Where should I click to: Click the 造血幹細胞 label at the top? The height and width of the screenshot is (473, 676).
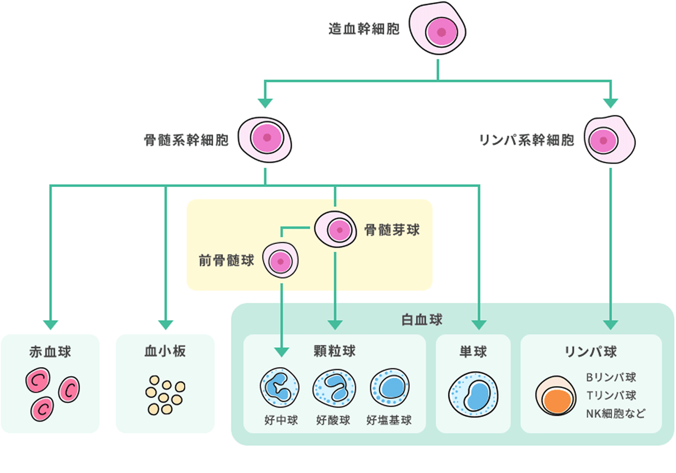tap(364, 29)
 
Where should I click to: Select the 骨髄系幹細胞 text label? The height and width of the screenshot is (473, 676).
tap(186, 141)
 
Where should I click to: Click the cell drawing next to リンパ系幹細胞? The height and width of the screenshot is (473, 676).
tap(610, 140)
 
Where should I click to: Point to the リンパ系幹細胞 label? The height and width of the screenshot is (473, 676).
tap(526, 141)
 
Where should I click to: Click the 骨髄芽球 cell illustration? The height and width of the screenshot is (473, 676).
tap(336, 229)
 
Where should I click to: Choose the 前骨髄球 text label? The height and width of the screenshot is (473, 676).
tap(226, 261)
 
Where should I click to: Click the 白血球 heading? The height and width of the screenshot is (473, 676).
tap(422, 319)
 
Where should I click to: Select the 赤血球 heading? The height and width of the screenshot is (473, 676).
tap(50, 352)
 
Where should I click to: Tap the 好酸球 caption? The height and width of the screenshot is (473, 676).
tap(333, 419)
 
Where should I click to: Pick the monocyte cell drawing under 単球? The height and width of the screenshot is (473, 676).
tap(472, 394)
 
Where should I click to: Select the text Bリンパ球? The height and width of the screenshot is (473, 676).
tap(611, 377)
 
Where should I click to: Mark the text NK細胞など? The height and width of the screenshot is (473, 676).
tap(616, 414)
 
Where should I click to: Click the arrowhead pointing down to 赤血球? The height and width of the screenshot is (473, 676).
tap(50, 324)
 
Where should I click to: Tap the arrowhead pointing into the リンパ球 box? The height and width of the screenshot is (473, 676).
tap(610, 324)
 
